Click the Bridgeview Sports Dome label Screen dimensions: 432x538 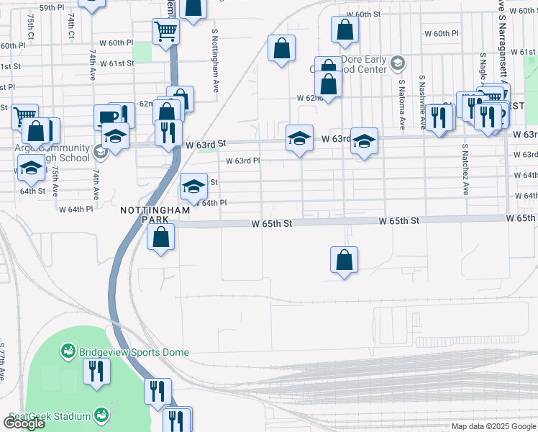133,352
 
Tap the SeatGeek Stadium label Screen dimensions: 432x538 50,416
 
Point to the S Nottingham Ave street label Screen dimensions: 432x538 215,61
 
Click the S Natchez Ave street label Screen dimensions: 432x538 465,169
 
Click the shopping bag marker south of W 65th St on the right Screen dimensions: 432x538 345,260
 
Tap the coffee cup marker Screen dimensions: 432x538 106,117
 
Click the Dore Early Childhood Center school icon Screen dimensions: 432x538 396,65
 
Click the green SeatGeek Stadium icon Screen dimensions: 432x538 101,416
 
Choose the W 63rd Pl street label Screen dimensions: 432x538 242,161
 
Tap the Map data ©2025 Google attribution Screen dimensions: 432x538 493,426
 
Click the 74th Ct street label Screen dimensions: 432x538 72,25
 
